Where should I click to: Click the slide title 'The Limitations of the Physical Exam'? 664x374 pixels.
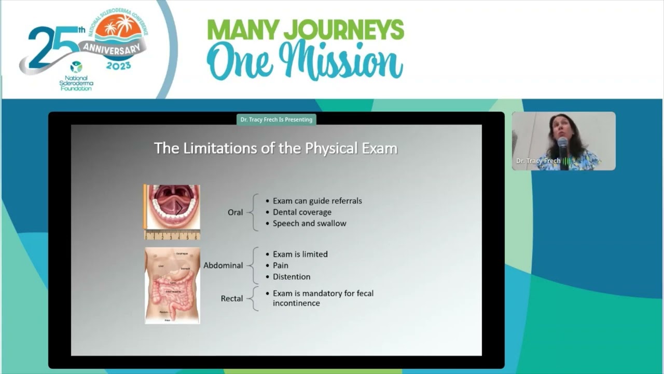(275, 149)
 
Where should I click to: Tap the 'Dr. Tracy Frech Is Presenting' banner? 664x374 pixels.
(276, 119)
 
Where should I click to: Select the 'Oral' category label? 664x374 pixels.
(235, 212)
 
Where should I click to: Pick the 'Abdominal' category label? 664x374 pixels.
(223, 265)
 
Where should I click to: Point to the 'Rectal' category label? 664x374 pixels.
(232, 299)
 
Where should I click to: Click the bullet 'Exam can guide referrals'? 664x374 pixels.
(317, 201)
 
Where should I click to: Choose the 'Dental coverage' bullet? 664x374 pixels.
(302, 212)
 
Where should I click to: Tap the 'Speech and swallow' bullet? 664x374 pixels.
(309, 223)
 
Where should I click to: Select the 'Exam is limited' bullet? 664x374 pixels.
(300, 255)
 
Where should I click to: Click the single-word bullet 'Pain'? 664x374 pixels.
(281, 265)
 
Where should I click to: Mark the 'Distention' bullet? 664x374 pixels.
(292, 277)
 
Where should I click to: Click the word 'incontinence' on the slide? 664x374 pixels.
(296, 303)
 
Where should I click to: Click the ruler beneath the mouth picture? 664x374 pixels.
(172, 235)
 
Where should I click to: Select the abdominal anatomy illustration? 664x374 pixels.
(172, 286)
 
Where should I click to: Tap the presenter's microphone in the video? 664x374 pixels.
(563, 151)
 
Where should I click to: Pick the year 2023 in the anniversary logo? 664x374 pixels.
(118, 66)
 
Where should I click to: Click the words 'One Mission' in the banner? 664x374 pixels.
(305, 61)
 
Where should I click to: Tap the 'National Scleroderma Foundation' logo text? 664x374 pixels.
(76, 83)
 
